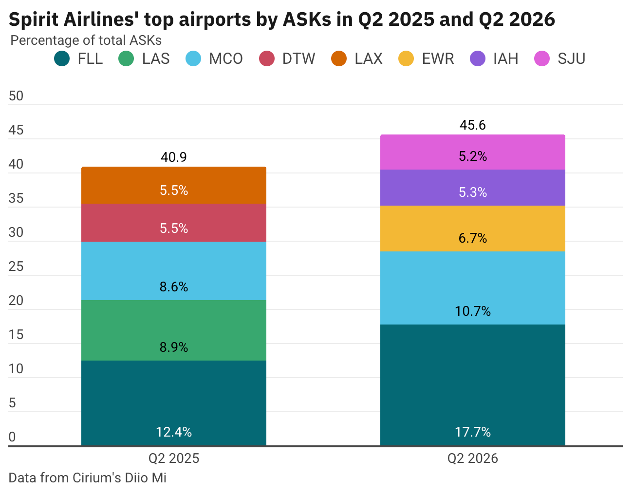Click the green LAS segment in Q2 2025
click(174, 330)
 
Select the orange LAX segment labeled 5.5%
click(174, 185)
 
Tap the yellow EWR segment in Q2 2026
click(472, 228)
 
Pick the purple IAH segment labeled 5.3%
click(472, 188)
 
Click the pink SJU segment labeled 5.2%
click(472, 152)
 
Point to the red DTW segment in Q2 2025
click(174, 222)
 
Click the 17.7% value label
click(472, 432)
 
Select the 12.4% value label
click(174, 432)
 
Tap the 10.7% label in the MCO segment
click(472, 311)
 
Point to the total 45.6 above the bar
click(472, 125)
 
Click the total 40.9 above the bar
click(174, 157)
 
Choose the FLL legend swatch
click(62, 59)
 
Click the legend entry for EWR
click(437, 59)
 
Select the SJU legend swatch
click(542, 59)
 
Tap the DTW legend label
click(298, 59)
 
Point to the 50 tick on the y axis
click(16, 96)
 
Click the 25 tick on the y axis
click(16, 267)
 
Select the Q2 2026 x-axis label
click(472, 459)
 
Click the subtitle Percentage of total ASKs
click(86, 40)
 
